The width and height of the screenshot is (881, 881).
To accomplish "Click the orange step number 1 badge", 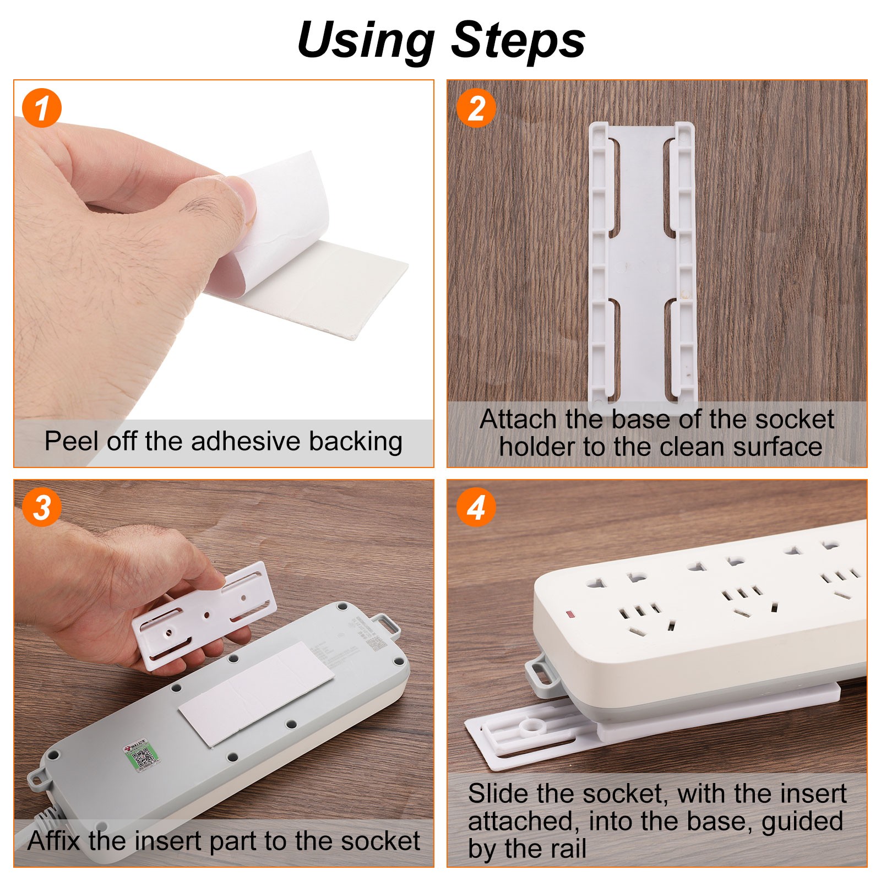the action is (x=42, y=108).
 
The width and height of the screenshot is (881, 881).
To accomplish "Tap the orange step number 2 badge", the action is (x=476, y=108).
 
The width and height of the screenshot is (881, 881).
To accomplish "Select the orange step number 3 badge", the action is (x=42, y=507).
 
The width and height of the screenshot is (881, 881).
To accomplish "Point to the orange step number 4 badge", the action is (x=476, y=507).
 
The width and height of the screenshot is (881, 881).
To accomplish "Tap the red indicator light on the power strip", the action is (x=570, y=613).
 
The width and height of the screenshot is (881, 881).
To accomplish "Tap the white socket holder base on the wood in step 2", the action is (x=641, y=264).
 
